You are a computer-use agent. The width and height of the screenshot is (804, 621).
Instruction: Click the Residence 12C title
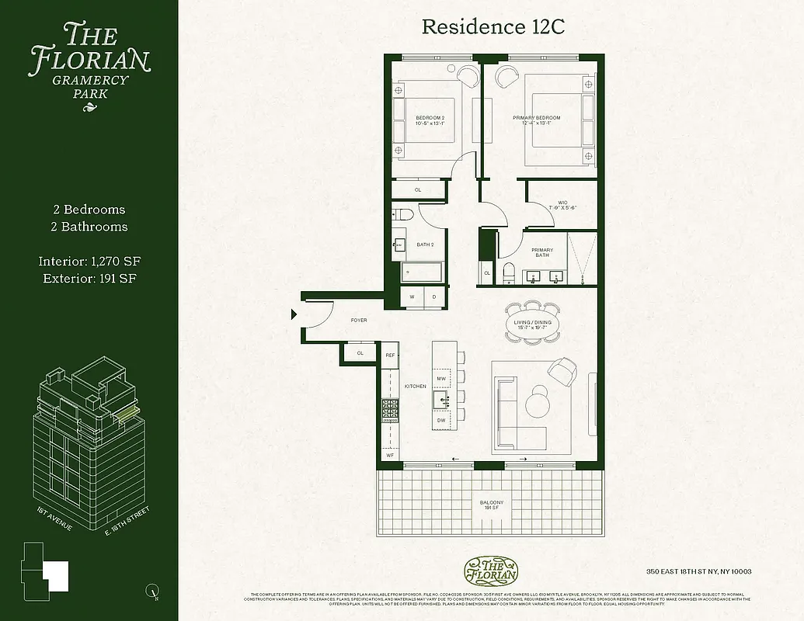[x=492, y=26]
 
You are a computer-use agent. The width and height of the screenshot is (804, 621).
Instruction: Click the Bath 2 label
[x=424, y=245]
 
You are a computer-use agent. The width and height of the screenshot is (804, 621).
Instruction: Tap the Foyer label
[x=358, y=320]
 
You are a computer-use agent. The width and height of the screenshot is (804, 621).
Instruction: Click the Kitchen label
[x=416, y=386]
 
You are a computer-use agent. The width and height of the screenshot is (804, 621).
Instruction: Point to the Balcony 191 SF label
[x=491, y=505]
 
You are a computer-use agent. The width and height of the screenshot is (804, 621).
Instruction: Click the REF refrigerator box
[x=391, y=355]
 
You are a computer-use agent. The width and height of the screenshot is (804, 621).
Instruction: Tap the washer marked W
[x=412, y=297]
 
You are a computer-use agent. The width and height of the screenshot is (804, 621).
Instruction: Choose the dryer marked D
[x=433, y=297]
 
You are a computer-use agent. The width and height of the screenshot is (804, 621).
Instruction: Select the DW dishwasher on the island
[x=442, y=420]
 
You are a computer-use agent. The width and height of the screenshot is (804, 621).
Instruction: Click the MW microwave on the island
[x=442, y=378]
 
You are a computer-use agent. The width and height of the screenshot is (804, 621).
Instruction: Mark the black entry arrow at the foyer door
[x=294, y=314]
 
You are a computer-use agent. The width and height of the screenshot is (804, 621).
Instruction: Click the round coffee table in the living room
[x=536, y=404]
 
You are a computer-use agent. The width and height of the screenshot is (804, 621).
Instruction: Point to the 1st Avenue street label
[x=54, y=519]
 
